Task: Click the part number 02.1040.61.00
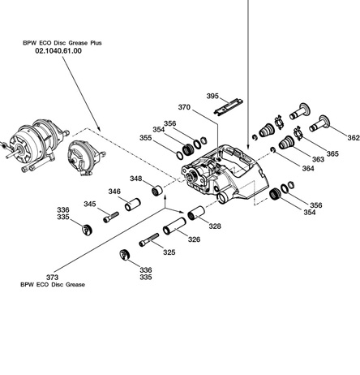59,50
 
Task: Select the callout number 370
184,107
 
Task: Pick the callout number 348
135,179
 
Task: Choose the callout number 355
145,138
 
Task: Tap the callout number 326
195,239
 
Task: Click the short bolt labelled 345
112,216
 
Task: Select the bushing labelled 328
197,215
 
